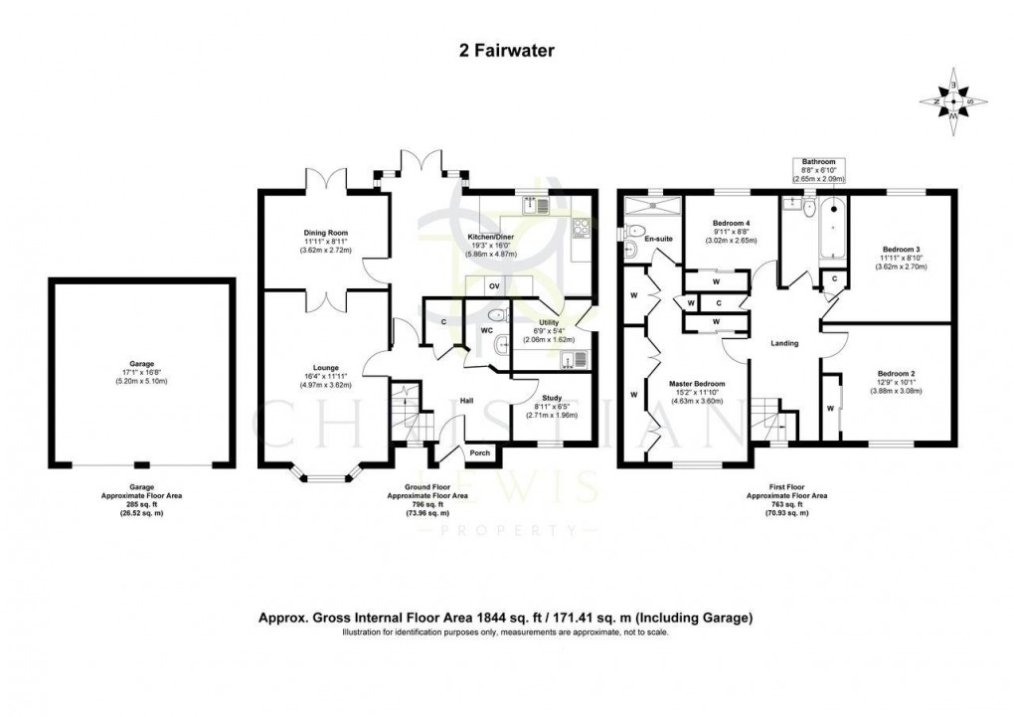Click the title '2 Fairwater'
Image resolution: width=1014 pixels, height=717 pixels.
pyautogui.click(x=506, y=46)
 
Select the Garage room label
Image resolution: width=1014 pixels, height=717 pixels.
pyautogui.click(x=141, y=364)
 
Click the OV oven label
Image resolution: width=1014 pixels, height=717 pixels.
pyautogui.click(x=493, y=287)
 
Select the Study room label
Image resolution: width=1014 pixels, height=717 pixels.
pyautogui.click(x=551, y=398)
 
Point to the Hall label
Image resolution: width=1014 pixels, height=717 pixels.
pyautogui.click(x=465, y=402)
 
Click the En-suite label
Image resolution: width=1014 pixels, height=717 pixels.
pyautogui.click(x=657, y=240)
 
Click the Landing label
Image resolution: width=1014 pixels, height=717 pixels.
pyautogui.click(x=784, y=343)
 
